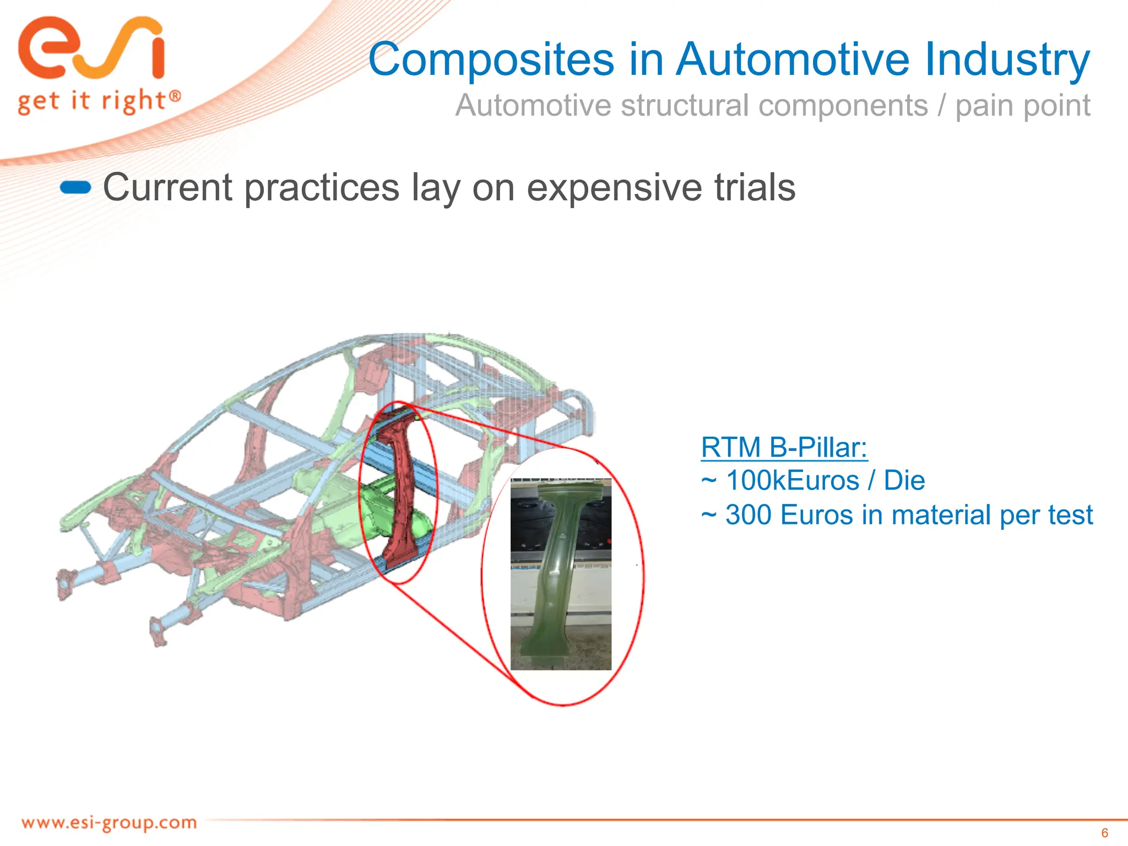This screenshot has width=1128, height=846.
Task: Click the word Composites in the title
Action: click(491, 59)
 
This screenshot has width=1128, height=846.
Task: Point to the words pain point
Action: click(1022, 106)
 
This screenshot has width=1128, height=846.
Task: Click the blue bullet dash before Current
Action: click(75, 188)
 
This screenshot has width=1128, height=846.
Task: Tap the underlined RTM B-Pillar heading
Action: click(784, 447)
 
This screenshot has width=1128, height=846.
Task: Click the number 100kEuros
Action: click(792, 481)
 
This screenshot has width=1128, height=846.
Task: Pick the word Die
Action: click(904, 481)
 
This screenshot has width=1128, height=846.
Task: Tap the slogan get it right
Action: click(99, 102)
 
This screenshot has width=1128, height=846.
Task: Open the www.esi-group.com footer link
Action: click(109, 823)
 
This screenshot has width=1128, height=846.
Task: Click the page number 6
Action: click(1104, 833)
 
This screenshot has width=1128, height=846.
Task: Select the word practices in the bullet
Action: click(321, 188)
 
